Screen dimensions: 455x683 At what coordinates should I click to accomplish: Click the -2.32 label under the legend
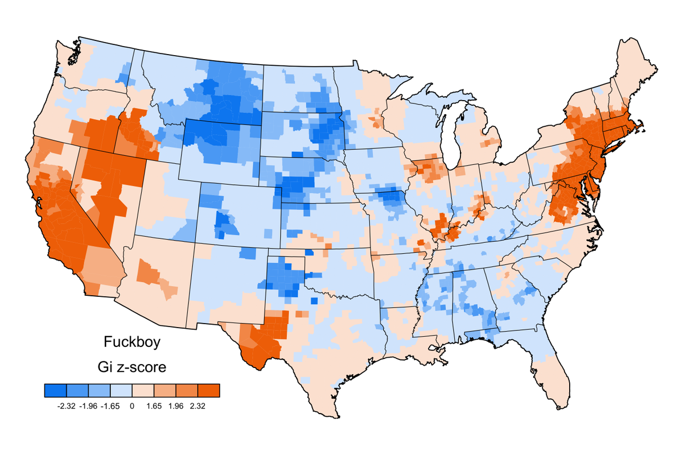(x=67, y=406)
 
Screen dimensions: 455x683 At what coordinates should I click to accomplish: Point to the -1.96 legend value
(x=89, y=406)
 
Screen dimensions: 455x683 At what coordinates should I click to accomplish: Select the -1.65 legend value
(x=110, y=406)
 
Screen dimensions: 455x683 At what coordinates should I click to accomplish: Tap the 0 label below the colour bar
(x=132, y=406)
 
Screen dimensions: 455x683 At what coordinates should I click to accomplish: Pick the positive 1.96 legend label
(x=176, y=406)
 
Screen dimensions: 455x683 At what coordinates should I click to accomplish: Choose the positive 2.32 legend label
(x=198, y=406)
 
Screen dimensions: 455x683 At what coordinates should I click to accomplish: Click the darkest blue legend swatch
(x=56, y=390)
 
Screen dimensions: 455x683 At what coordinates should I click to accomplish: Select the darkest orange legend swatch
(x=208, y=390)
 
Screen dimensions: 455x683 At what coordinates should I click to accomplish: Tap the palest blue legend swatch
(x=121, y=390)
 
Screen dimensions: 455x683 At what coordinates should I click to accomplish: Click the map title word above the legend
(x=131, y=342)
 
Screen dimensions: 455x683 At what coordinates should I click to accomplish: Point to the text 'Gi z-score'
(x=135, y=367)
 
